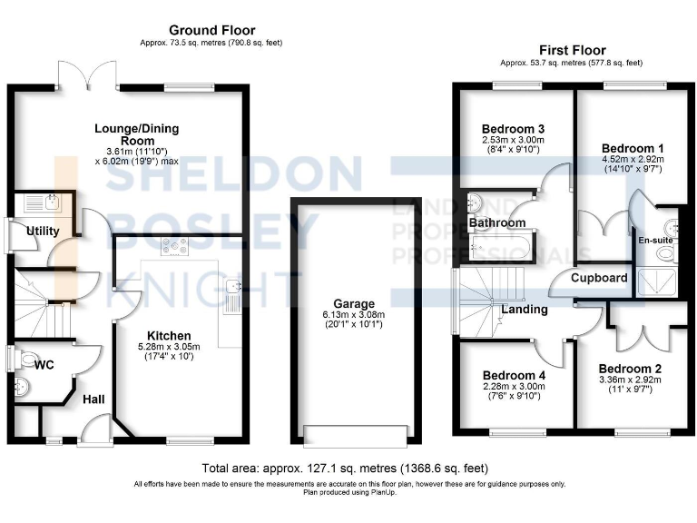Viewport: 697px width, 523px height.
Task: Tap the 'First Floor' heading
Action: (x=572, y=50)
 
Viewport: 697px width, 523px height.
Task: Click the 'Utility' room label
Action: (x=43, y=231)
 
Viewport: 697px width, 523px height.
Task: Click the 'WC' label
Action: (x=44, y=365)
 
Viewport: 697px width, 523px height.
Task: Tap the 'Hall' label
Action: (x=94, y=400)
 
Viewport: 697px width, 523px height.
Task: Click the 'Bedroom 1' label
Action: (x=631, y=148)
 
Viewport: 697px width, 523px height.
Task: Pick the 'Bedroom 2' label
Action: (x=630, y=368)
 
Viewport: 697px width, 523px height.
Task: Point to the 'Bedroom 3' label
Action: (x=513, y=128)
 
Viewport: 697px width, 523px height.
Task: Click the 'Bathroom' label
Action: (x=497, y=222)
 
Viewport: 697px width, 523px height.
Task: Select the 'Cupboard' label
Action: (x=599, y=277)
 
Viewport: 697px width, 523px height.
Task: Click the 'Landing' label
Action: (x=525, y=310)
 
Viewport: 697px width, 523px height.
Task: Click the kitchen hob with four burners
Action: (x=173, y=245)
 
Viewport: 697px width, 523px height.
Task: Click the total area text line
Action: (x=346, y=469)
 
